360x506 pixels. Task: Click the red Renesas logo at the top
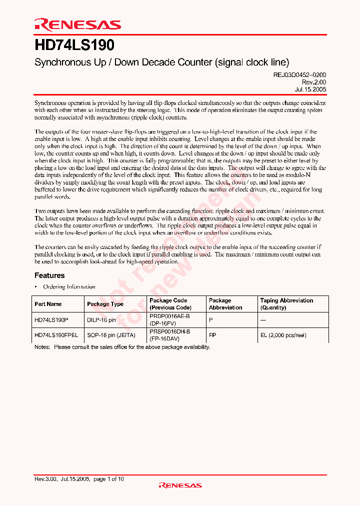click(77, 24)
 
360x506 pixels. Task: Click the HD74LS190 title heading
click(74, 45)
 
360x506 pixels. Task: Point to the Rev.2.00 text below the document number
click(314, 81)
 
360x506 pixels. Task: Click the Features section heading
click(49, 275)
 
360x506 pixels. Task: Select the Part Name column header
click(48, 304)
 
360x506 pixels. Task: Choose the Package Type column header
click(105, 304)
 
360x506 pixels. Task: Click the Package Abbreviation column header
click(225, 304)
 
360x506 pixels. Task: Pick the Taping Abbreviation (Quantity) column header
click(286, 304)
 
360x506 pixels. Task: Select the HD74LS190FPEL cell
click(56, 335)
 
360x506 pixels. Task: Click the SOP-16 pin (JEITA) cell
click(111, 335)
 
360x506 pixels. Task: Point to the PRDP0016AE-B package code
click(170, 316)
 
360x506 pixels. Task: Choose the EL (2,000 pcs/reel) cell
click(283, 335)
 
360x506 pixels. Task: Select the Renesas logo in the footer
click(180, 485)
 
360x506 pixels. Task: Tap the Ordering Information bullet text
click(69, 287)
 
